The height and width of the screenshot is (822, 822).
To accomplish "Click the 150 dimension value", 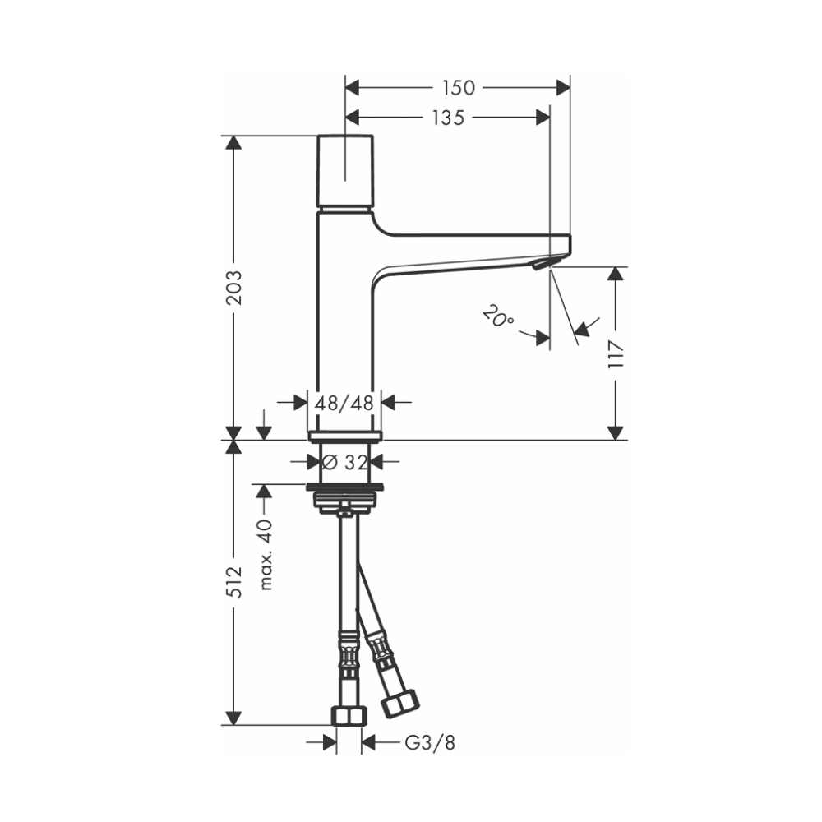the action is coord(458,88).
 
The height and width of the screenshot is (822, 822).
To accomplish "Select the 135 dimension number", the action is coord(448,118).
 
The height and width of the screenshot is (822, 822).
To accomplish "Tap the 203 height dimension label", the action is coord(233,287).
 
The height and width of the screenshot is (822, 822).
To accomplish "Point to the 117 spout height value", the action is coord(616,354).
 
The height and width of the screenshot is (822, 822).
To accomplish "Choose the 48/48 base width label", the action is coord(344,403).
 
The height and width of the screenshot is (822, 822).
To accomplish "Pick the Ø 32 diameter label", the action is coord(345,462).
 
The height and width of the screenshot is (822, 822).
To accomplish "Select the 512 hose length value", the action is coord(233,582).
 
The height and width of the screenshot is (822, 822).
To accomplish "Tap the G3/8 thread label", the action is coord(430,742).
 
